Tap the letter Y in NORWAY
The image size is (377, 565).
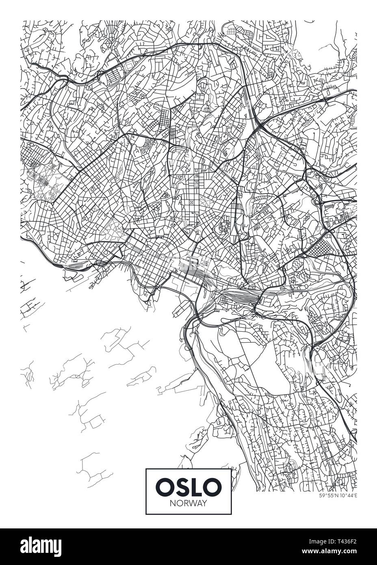click(205, 503)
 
